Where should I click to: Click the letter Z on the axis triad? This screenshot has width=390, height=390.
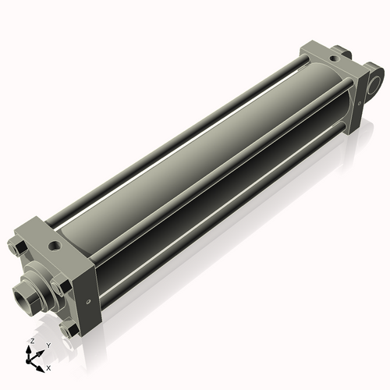point(32,341)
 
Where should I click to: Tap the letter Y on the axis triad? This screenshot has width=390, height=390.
point(48,346)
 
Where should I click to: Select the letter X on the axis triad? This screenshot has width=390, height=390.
point(48,368)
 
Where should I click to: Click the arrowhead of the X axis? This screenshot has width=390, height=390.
point(41,369)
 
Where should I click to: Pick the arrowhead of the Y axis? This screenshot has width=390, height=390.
point(40,353)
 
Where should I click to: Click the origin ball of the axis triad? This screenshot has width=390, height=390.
point(28,361)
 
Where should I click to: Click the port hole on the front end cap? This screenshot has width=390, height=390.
point(55,245)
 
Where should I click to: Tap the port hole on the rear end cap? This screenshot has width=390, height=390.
point(334,58)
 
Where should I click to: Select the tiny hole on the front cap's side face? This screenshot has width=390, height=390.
point(89,302)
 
